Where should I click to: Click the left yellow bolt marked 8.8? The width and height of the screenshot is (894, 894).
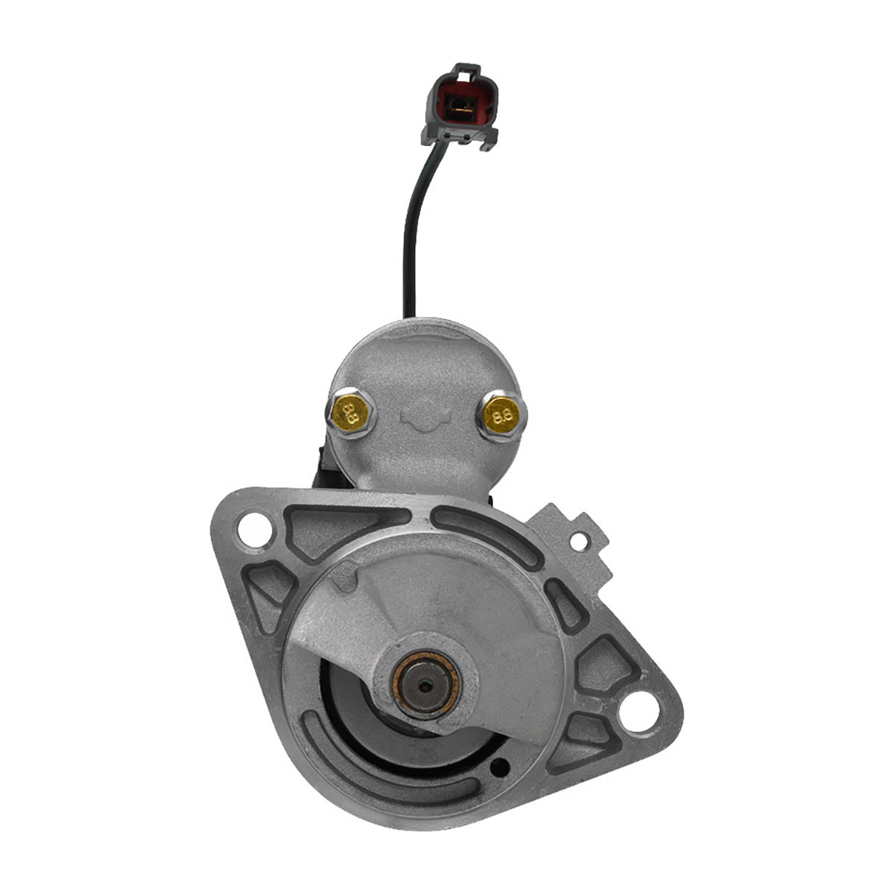point(352,413)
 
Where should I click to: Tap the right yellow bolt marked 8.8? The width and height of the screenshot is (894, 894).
point(502,414)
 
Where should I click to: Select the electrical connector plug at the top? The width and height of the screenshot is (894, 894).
point(459,107)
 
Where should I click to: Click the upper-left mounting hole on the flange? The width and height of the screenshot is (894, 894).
point(254,530)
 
